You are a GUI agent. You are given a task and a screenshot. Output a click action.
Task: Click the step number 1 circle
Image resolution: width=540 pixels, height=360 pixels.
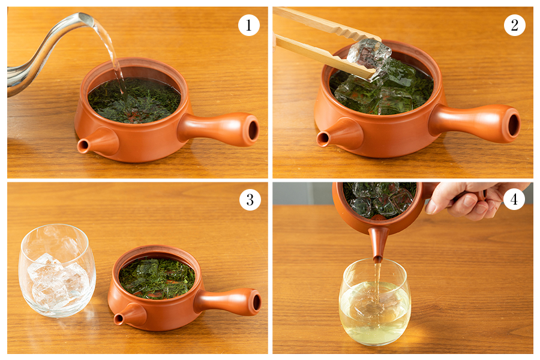(x=248, y=25)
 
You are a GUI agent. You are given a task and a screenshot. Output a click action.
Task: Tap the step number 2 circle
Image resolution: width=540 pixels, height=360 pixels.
(x=515, y=25)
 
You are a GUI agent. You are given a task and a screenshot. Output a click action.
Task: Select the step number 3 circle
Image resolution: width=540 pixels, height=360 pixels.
(x=250, y=200)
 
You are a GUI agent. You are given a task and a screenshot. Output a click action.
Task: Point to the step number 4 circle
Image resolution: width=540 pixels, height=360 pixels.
(x=514, y=199)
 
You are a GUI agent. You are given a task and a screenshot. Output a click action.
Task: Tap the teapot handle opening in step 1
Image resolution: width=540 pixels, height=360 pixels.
(x=253, y=130)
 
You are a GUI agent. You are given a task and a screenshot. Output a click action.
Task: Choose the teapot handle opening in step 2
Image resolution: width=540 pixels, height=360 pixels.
(x=513, y=125)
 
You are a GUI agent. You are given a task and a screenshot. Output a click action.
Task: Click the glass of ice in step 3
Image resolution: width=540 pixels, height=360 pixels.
(x=57, y=270)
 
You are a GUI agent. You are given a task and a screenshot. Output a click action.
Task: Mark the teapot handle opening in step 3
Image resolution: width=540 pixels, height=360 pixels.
(x=256, y=302)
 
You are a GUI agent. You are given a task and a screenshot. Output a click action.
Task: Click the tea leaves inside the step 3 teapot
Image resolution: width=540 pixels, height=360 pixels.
(x=157, y=278)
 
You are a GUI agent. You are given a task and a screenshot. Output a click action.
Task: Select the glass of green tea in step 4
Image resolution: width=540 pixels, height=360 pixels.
(x=375, y=301)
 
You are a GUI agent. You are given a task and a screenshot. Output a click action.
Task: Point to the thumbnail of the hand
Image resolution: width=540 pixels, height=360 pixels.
(x=430, y=207)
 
